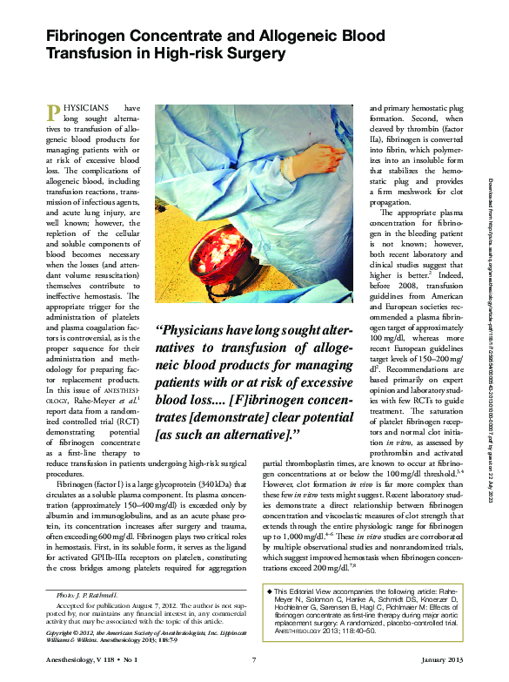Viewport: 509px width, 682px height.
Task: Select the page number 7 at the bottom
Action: click(252, 664)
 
